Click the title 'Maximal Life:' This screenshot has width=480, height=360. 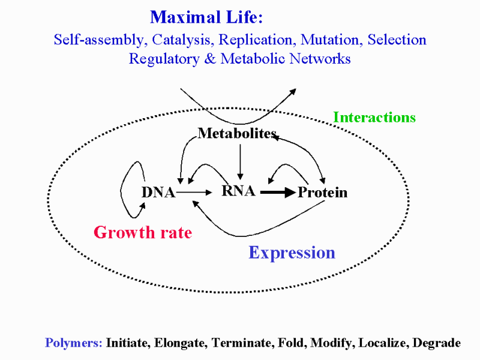point(206,17)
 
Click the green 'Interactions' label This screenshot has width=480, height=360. point(374,117)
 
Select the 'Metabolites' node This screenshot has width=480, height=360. point(237,133)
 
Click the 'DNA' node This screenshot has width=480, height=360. point(158,192)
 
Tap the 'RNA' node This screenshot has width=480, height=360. point(238,191)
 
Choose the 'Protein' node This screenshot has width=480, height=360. point(323,192)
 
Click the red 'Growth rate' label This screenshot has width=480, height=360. point(143,232)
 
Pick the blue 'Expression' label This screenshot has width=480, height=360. point(292,253)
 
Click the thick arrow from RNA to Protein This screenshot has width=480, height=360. point(278,193)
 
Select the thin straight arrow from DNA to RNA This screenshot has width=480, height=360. point(194,192)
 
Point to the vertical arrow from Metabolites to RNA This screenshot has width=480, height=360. point(241,161)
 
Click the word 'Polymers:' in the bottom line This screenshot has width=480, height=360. point(74,343)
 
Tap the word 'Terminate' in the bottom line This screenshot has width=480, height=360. point(242,343)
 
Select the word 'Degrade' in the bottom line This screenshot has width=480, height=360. point(437,343)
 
